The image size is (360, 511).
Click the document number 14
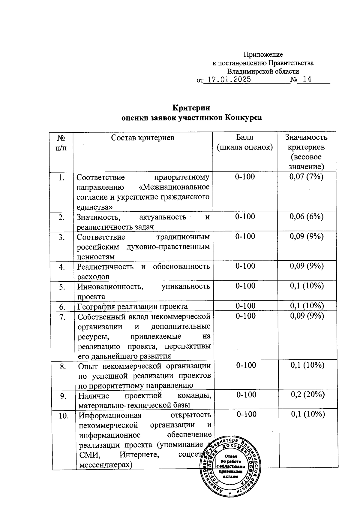[307, 79]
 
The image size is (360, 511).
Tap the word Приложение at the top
[263, 55]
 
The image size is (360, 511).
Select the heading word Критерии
[191, 107]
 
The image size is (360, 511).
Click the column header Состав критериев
[142, 138]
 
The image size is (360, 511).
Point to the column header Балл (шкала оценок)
[245, 142]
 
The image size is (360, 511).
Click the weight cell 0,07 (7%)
[306, 177]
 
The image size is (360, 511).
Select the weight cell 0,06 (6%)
[306, 217]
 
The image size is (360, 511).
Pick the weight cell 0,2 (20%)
[308, 395]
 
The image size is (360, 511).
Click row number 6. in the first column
[62, 307]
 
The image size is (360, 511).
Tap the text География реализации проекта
[132, 307]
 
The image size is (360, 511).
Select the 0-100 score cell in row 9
[246, 395]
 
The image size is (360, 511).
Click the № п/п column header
[61, 143]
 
